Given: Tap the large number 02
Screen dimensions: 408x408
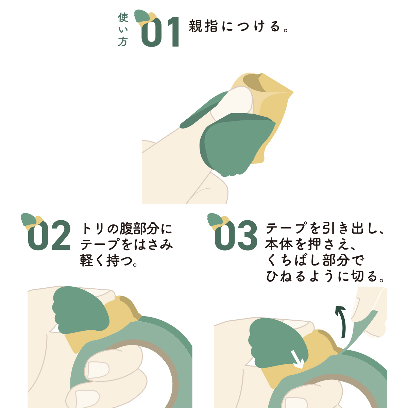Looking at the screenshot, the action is click(x=49, y=235).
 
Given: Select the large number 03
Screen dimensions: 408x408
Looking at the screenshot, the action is click(x=236, y=235).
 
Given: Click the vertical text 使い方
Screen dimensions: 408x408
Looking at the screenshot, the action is click(x=123, y=29).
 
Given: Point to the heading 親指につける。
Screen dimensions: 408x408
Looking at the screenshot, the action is click(x=239, y=26).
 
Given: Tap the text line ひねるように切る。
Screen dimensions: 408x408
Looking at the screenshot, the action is click(x=325, y=276).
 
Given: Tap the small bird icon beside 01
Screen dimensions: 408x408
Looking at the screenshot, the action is click(x=146, y=18).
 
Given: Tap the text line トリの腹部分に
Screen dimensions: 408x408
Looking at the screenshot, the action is click(x=126, y=229).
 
